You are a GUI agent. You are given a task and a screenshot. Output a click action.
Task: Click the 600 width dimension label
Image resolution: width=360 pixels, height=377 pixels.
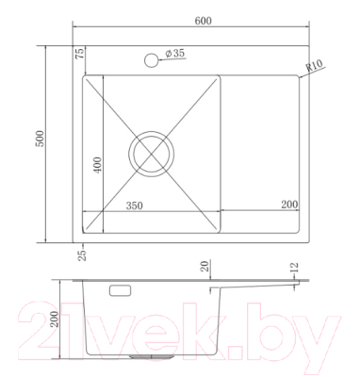point(204,21)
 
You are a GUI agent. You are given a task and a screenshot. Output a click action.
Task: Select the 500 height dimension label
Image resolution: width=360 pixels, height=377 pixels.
point(41,139)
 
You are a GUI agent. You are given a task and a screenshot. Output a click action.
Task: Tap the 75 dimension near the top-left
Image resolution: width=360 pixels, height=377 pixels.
point(79,54)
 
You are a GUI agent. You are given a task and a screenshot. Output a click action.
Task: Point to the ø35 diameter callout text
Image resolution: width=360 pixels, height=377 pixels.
point(174,54)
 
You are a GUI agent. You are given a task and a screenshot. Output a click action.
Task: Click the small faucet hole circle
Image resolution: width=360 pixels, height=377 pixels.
point(152,60)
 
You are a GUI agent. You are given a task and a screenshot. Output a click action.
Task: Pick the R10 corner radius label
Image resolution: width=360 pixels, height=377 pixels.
point(314,66)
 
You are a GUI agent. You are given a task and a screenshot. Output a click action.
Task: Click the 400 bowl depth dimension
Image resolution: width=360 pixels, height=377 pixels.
point(98,165)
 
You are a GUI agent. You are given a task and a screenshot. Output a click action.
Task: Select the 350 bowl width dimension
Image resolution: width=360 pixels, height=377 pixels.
point(134,205)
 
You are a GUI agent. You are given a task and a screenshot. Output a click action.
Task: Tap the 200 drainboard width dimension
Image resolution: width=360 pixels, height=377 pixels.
point(289,205)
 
